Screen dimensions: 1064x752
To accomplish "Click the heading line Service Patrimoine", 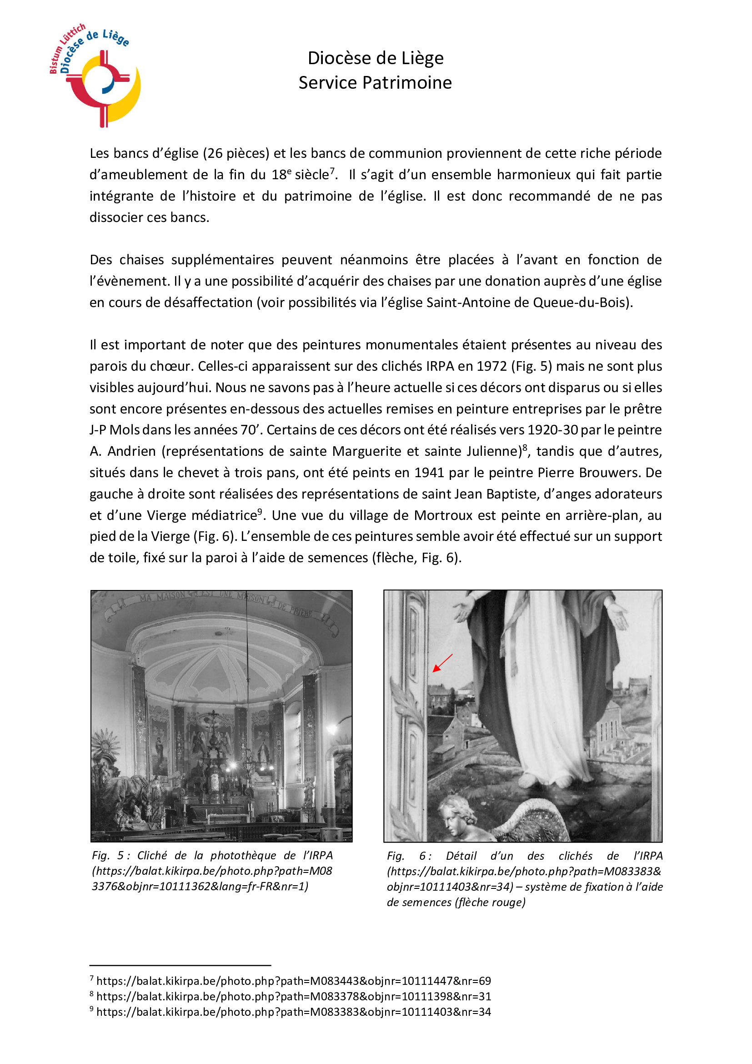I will point(375,83).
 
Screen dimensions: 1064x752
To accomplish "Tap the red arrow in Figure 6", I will point(442,663).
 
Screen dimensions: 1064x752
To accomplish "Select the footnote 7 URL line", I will point(294,981).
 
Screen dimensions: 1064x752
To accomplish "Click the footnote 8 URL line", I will point(294,996).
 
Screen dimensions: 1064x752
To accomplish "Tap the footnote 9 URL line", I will point(294,1012).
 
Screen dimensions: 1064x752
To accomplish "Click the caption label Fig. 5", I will point(108,856).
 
